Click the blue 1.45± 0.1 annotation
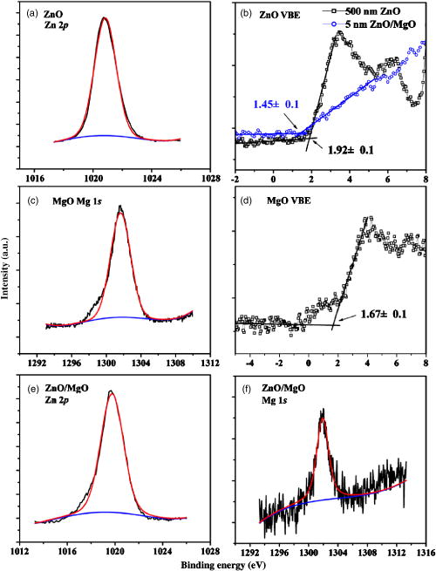point(277,105)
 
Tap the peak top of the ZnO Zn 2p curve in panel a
point(105,17)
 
